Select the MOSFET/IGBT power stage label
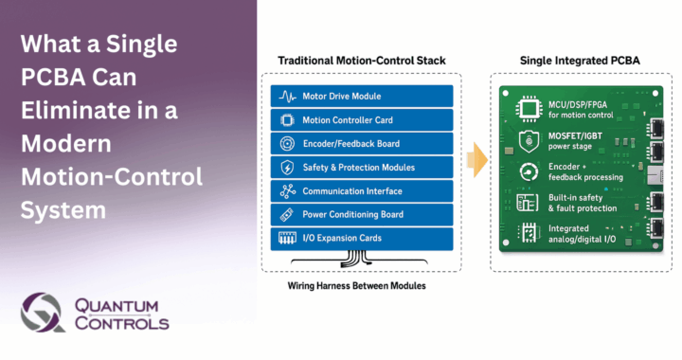pos(579,141)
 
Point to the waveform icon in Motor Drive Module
pos(287,97)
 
